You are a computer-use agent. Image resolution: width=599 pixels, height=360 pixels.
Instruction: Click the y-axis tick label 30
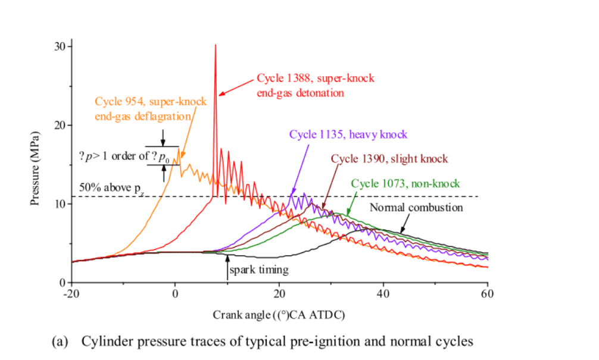coord(61,46)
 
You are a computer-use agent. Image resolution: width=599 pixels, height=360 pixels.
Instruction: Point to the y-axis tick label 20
coord(61,125)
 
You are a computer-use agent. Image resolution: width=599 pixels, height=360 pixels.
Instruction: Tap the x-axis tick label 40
coord(383,293)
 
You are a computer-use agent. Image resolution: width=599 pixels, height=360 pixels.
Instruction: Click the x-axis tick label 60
coord(488,293)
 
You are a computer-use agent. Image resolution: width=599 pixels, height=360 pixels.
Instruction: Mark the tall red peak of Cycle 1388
coord(216,46)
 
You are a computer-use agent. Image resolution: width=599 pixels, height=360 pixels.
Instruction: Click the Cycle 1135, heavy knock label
coord(348,134)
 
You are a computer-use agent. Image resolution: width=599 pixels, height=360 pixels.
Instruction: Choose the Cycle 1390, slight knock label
coord(389,159)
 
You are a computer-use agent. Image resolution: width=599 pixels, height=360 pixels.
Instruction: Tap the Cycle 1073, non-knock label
coord(405,183)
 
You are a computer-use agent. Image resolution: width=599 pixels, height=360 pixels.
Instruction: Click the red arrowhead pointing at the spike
coord(221,93)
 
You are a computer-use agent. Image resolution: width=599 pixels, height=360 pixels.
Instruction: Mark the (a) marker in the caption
coord(60,342)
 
